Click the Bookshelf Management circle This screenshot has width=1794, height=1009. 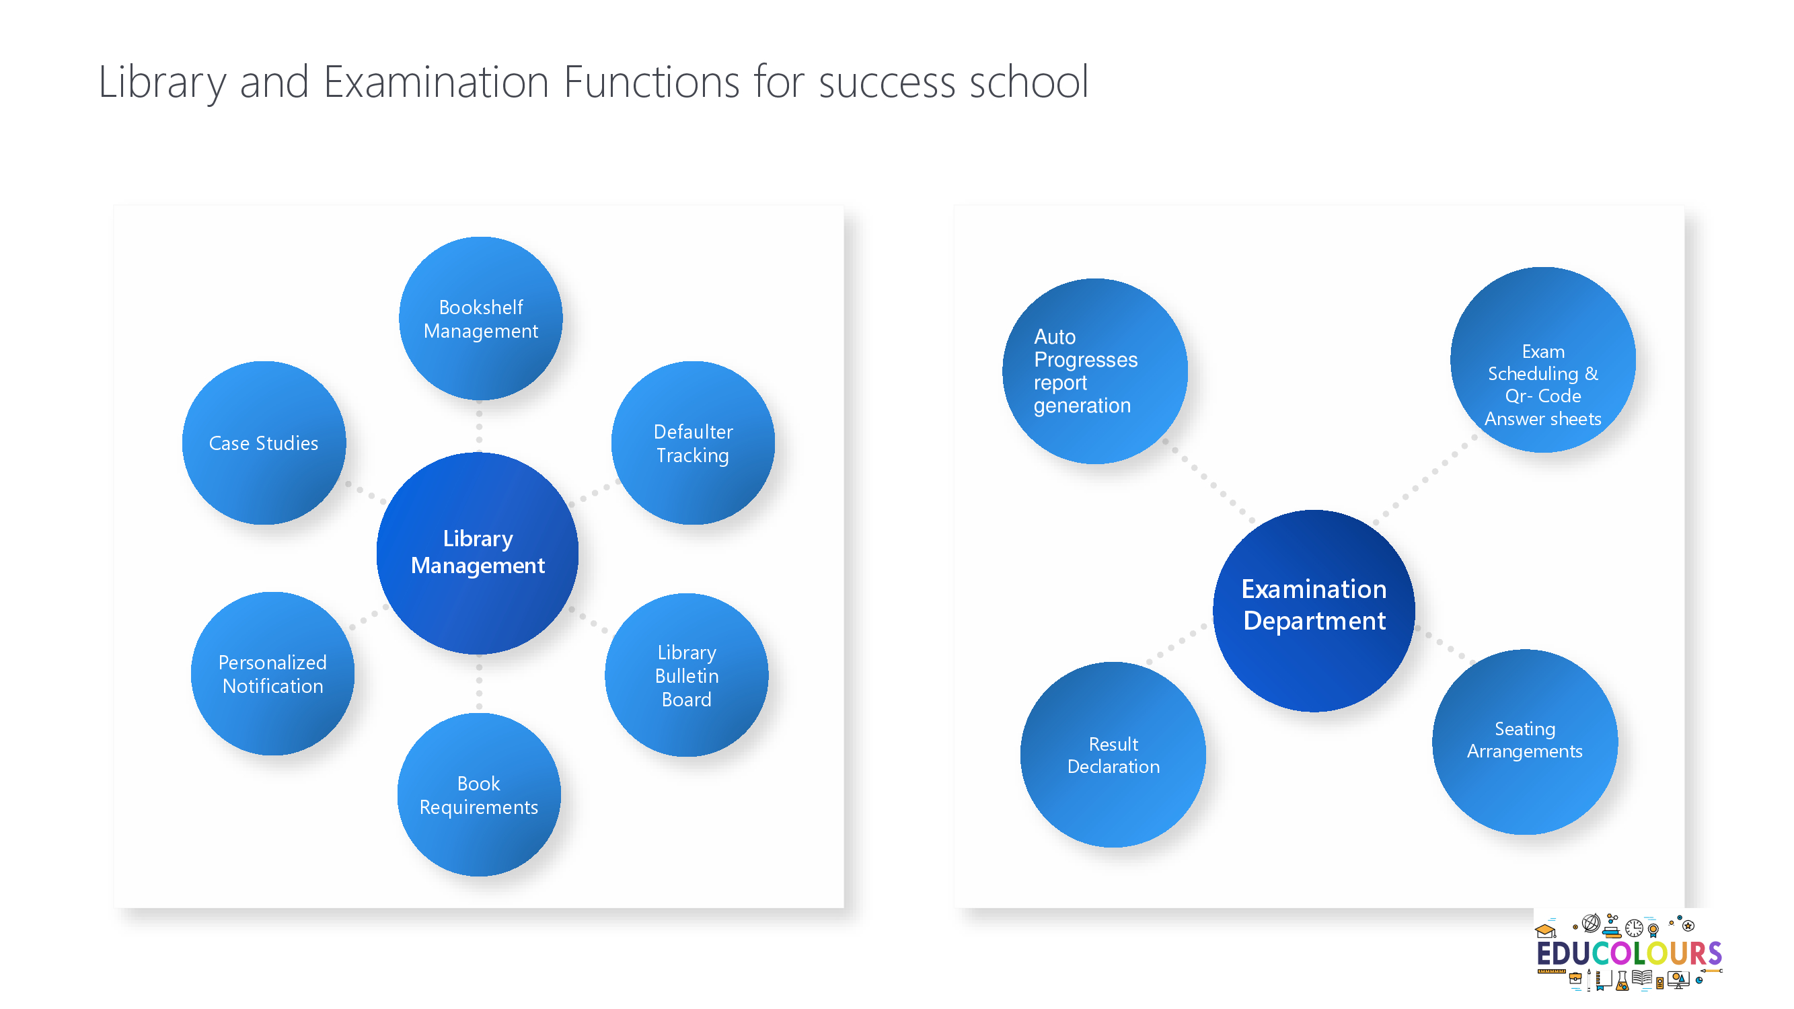[480, 318]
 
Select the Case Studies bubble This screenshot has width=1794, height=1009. [264, 443]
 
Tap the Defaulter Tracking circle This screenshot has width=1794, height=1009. [693, 443]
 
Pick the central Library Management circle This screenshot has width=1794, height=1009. [478, 553]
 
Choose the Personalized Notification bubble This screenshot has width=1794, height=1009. [272, 673]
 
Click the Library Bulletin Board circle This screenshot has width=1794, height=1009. [687, 675]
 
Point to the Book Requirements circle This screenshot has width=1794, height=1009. [479, 794]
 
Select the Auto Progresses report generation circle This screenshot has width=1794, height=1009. [1095, 371]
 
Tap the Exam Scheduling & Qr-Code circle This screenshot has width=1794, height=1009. [1542, 359]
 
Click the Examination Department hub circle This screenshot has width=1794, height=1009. [1314, 611]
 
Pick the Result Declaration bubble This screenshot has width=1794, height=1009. [1113, 754]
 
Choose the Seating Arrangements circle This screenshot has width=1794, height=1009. [1524, 741]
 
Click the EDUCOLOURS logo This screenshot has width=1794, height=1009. [1629, 951]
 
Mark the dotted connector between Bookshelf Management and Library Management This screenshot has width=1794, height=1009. [479, 426]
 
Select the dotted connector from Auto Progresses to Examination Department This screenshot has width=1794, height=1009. [1209, 480]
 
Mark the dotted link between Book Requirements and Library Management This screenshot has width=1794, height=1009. [479, 684]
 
